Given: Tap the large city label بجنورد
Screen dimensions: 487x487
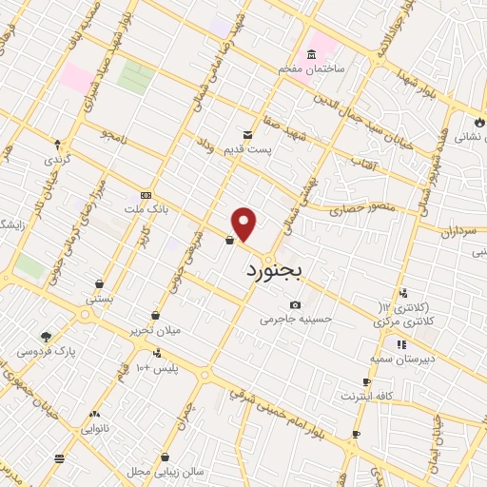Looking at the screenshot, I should pyautogui.click(x=267, y=272).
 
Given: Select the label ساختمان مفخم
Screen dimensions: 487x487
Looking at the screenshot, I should pyautogui.click(x=311, y=70).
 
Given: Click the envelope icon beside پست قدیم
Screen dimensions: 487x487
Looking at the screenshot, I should pyautogui.click(x=247, y=135).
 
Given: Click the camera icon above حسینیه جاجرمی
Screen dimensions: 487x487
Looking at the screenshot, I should pyautogui.click(x=295, y=304).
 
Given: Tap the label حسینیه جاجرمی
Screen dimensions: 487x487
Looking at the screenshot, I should pyautogui.click(x=296, y=319).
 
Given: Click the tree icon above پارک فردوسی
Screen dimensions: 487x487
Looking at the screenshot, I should pyautogui.click(x=45, y=336).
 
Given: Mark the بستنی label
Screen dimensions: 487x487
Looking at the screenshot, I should pyautogui.click(x=100, y=297).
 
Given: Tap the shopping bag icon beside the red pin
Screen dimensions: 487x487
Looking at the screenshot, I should pyautogui.click(x=230, y=241).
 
